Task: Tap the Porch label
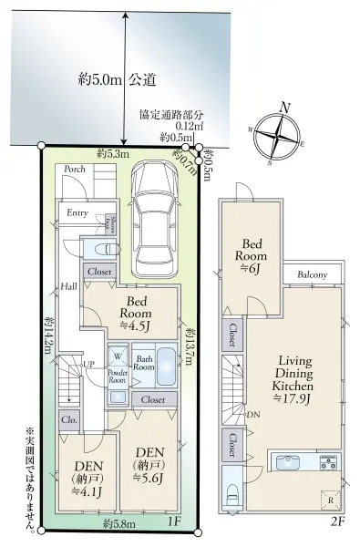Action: point(75,168)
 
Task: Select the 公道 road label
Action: point(139,79)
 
